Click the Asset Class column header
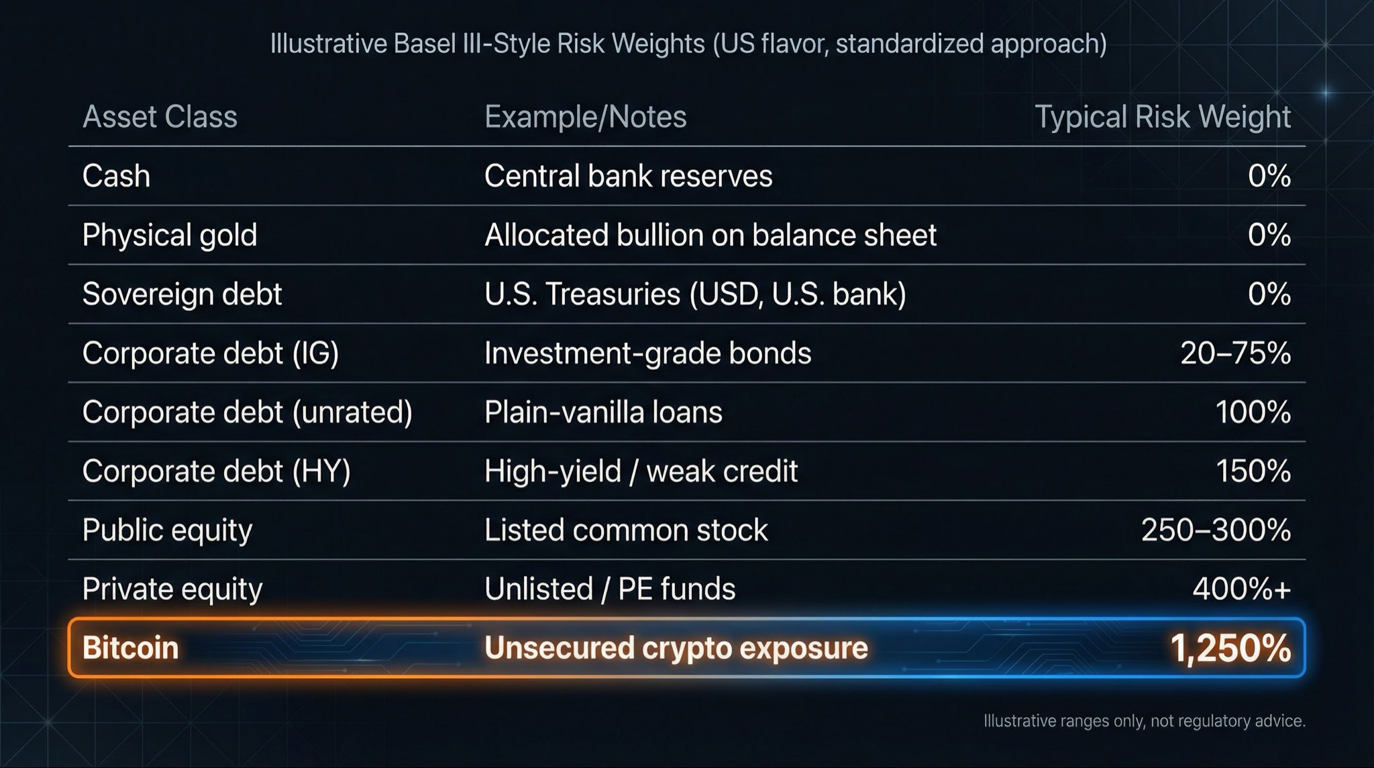click(160, 117)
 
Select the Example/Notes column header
click(585, 117)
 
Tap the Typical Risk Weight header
click(1162, 117)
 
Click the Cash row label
click(116, 176)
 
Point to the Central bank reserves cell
click(628, 176)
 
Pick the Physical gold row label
click(170, 235)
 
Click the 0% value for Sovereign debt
click(1269, 294)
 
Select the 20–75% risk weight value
click(1235, 353)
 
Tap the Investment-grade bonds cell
click(647, 353)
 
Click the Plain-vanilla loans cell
click(603, 412)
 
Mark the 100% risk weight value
click(1253, 412)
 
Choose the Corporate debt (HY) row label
click(216, 471)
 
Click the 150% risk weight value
click(1253, 471)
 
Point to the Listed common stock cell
click(626, 530)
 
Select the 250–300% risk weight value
click(1216, 530)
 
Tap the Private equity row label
click(172, 589)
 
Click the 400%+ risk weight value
click(1241, 589)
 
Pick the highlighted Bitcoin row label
click(130, 648)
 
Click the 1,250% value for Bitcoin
click(1230, 648)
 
